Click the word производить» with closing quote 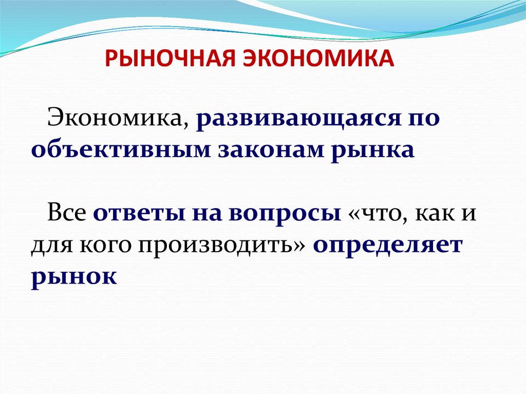[x=222, y=246]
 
